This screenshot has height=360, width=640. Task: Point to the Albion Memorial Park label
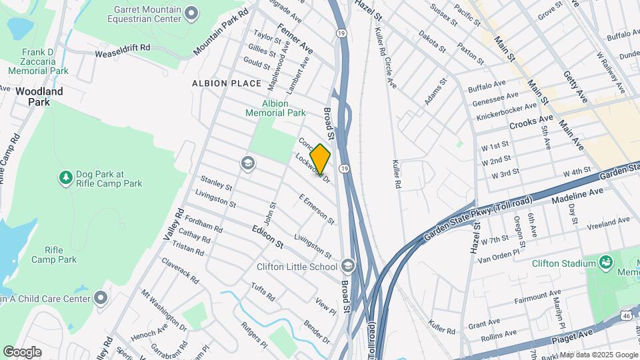[x=284, y=108]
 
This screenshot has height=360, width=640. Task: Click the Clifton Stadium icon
[x=606, y=262]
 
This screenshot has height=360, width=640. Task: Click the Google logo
[x=22, y=352]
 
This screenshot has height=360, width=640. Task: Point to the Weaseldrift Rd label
[x=122, y=50]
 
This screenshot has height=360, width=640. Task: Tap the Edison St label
[x=268, y=236]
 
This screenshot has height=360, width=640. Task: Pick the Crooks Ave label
[x=531, y=125]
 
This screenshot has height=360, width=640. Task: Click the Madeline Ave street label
[x=577, y=195]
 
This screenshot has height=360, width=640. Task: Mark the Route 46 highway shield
[x=626, y=313]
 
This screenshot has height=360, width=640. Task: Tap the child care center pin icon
[x=101, y=297]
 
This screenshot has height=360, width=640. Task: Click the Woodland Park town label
[x=39, y=97]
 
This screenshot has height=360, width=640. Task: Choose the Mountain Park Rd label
[x=221, y=32]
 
